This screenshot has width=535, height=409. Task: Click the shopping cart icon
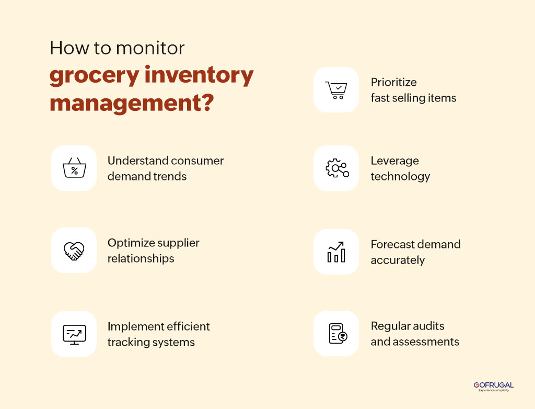point(335,89)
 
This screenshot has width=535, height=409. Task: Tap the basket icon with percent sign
point(74,168)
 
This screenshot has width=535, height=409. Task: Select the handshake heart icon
point(74,250)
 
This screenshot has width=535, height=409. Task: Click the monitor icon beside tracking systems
point(74,334)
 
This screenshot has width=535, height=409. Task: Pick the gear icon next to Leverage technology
point(336,168)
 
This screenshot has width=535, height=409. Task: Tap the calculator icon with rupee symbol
point(337,334)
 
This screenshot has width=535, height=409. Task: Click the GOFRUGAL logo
point(493,386)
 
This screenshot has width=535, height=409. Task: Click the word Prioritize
point(393,82)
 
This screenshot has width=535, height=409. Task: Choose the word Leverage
point(394,161)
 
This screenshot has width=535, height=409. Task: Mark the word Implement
point(132,326)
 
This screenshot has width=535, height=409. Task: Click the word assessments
point(428,342)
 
